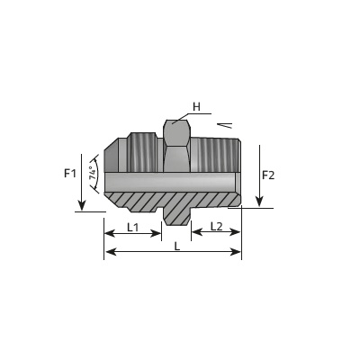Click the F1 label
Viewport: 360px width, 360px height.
(70, 173)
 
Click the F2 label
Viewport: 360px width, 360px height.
(268, 175)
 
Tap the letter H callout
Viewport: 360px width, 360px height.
(196, 106)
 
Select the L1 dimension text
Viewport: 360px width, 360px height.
(132, 228)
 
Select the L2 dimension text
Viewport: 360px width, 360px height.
(216, 227)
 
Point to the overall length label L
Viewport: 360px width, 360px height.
(177, 247)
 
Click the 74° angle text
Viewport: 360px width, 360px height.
(94, 173)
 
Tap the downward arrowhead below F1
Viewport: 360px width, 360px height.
(82, 205)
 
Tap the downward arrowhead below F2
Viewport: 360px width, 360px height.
(259, 202)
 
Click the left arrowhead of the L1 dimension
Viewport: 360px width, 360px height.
(110, 233)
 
